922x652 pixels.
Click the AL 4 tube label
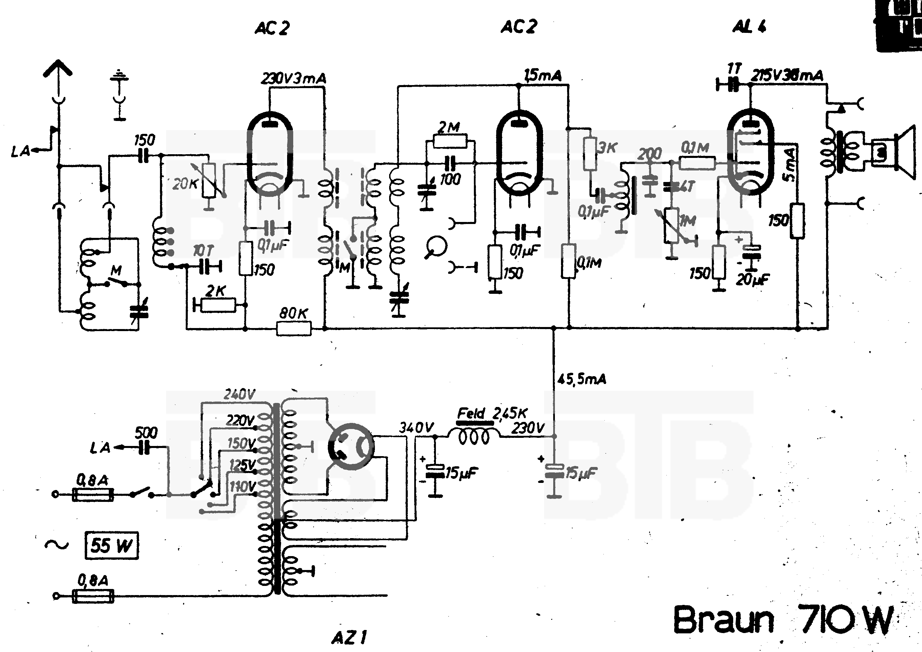click(749, 26)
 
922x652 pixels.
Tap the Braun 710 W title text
click(783, 620)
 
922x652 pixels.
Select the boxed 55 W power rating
click(111, 546)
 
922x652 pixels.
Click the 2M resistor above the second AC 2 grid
click(450, 141)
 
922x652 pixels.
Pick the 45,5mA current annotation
click(581, 379)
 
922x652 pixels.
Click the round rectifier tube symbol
click(351, 446)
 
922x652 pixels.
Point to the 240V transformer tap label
click(239, 394)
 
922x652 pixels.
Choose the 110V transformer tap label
click(242, 487)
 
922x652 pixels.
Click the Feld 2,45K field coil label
click(492, 413)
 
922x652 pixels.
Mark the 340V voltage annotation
click(417, 428)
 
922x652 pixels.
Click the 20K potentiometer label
click(185, 184)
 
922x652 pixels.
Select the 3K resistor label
click(607, 148)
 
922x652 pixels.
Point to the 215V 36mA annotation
click(787, 76)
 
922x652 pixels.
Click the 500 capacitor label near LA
click(146, 433)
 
